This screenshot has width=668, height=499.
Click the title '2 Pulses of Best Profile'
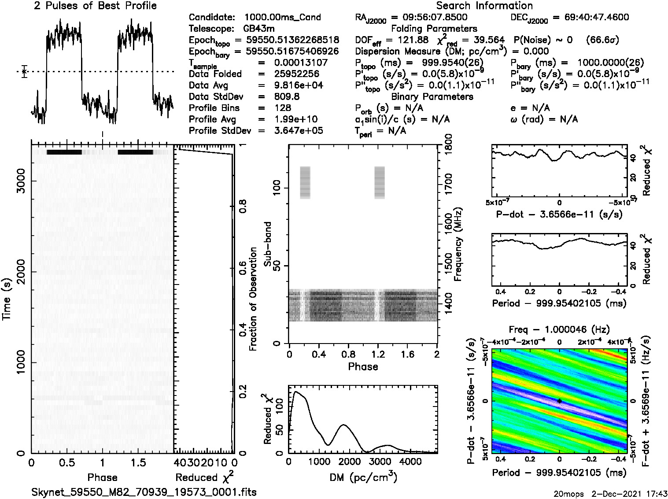click(95, 6)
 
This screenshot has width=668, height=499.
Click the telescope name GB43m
click(260, 29)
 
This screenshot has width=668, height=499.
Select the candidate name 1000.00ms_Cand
click(282, 17)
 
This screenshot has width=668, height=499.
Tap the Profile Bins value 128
click(282, 108)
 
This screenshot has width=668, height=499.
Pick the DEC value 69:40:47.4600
click(590, 17)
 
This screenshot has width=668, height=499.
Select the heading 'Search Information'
click(484, 6)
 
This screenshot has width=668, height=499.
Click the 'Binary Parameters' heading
click(432, 96)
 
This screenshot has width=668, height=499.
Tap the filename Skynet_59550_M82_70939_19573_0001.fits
click(144, 492)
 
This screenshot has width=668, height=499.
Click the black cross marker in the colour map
click(559, 401)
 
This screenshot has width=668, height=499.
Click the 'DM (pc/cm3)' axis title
click(363, 477)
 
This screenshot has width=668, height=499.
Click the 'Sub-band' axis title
click(268, 244)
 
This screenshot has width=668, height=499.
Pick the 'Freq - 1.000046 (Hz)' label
click(559, 329)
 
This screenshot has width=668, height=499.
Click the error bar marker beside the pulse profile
click(24, 71)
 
